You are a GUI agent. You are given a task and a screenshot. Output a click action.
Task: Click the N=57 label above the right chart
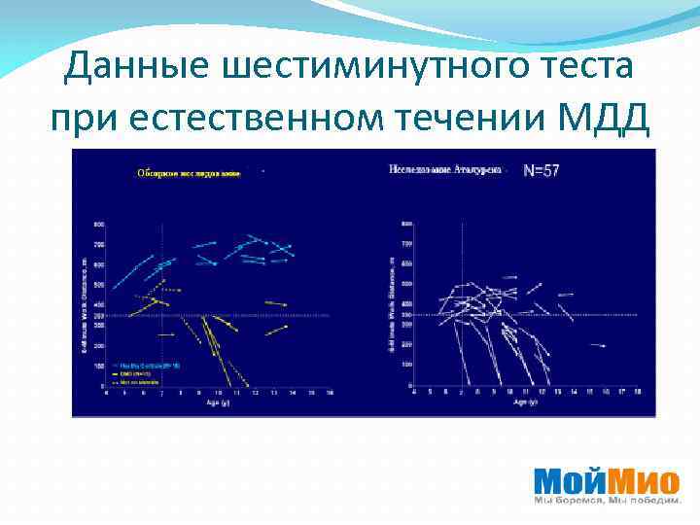[x=542, y=170]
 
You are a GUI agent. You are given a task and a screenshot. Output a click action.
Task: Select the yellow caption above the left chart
[x=189, y=172]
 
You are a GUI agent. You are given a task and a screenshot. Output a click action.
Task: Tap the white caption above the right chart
[x=444, y=169]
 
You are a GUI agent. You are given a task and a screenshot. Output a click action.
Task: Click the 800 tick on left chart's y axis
[x=98, y=225]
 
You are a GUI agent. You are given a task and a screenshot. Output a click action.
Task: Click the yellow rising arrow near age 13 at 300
[x=277, y=329]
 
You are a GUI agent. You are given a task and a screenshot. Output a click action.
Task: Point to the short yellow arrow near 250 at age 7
[x=166, y=334]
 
